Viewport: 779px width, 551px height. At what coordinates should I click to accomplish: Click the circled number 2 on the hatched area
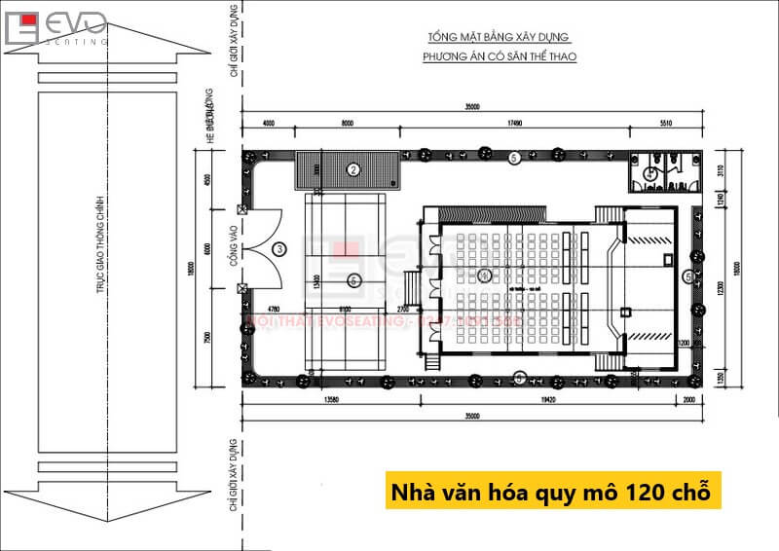coord(353,169)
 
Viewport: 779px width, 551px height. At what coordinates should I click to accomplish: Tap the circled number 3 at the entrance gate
coord(279,249)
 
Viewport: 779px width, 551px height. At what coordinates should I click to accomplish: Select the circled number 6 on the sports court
coord(353,280)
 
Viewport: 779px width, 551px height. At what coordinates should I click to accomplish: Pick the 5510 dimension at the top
coord(667,124)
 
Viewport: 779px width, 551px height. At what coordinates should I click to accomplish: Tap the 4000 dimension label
coord(269,124)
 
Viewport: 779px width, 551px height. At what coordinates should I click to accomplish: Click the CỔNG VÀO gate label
coord(235,246)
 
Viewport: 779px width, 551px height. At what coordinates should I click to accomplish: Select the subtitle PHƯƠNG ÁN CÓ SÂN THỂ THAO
coord(500,57)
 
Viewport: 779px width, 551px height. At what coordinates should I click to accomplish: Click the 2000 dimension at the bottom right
coord(689,399)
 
